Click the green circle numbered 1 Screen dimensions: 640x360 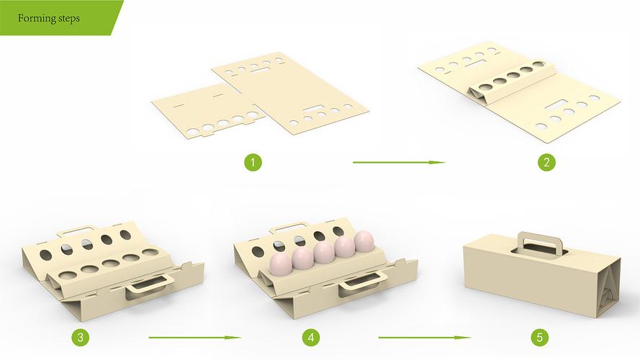coord(253,163)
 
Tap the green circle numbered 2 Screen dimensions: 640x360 coord(546,163)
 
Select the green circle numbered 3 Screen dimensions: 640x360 coord(80,338)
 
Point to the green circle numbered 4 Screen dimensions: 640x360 coord(311,338)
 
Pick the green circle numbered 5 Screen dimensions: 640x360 coord(540,338)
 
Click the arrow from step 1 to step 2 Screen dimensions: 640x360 coord(399,163)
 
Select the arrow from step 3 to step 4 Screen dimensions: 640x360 coord(195,338)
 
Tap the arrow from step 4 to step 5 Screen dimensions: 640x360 coord(425,338)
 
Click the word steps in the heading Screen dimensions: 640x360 coord(69,19)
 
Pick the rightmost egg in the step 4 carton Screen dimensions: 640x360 coord(364,240)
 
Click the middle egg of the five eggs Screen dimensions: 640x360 coord(324,252)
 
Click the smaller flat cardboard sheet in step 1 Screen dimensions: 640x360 coord(209,110)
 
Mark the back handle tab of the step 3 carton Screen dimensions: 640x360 coord(76,230)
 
